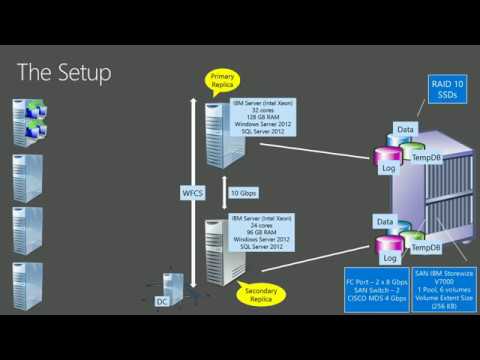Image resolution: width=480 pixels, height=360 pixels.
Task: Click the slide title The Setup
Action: [64, 73]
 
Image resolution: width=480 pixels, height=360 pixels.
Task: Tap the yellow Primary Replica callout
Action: [221, 81]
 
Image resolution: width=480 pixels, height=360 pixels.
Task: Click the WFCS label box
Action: [192, 191]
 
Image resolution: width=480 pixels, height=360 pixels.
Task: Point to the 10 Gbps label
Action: [243, 192]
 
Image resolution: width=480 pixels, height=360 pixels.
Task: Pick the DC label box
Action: [162, 301]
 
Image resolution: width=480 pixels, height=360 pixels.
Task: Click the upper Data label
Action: [405, 130]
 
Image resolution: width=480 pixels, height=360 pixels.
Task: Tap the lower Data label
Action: [385, 219]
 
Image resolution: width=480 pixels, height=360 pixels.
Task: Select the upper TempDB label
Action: [427, 159]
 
